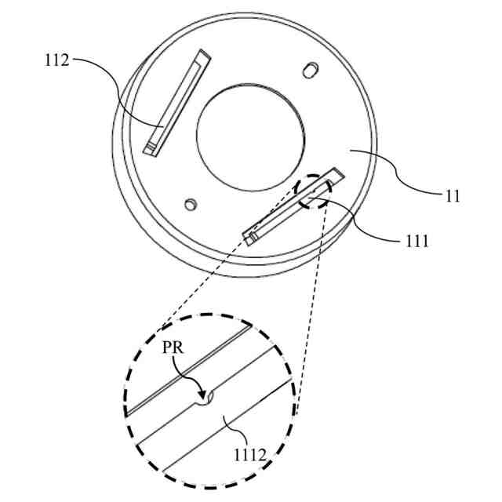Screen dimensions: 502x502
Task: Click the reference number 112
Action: [57, 60]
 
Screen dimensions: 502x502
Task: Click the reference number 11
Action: [453, 196]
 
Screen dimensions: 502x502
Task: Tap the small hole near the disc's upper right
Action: [310, 70]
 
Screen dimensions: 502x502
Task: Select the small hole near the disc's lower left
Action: [189, 205]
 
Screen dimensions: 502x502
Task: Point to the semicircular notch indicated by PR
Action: [208, 398]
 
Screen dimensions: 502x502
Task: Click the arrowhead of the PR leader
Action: [202, 395]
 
